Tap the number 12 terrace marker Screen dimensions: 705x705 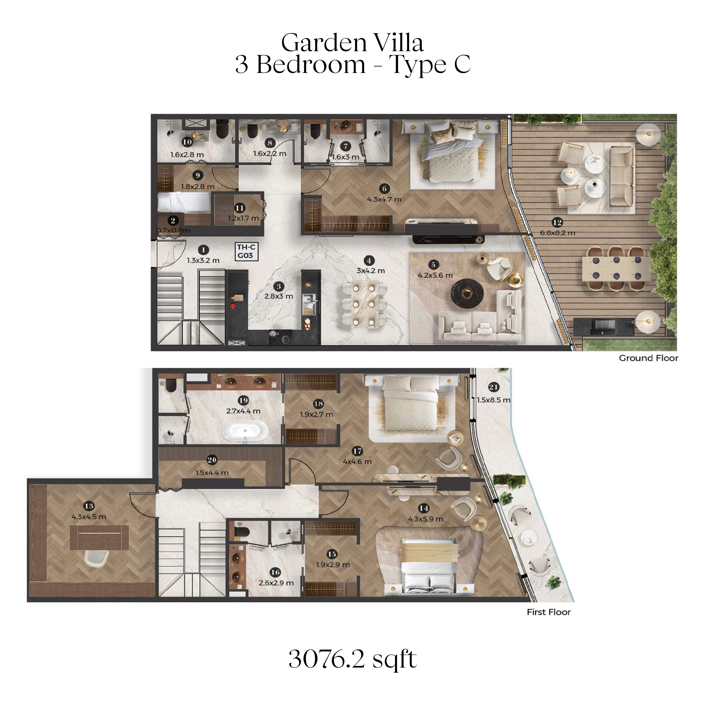tap(557, 222)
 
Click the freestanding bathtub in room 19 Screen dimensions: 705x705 tap(245, 432)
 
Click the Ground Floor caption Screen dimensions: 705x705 tap(648, 358)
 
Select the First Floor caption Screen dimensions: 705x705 tap(548, 612)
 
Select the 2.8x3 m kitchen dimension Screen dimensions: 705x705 tap(279, 296)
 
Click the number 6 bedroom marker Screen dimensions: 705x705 tap(384, 189)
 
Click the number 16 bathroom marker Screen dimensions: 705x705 tap(276, 572)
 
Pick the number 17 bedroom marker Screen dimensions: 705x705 tap(357, 451)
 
